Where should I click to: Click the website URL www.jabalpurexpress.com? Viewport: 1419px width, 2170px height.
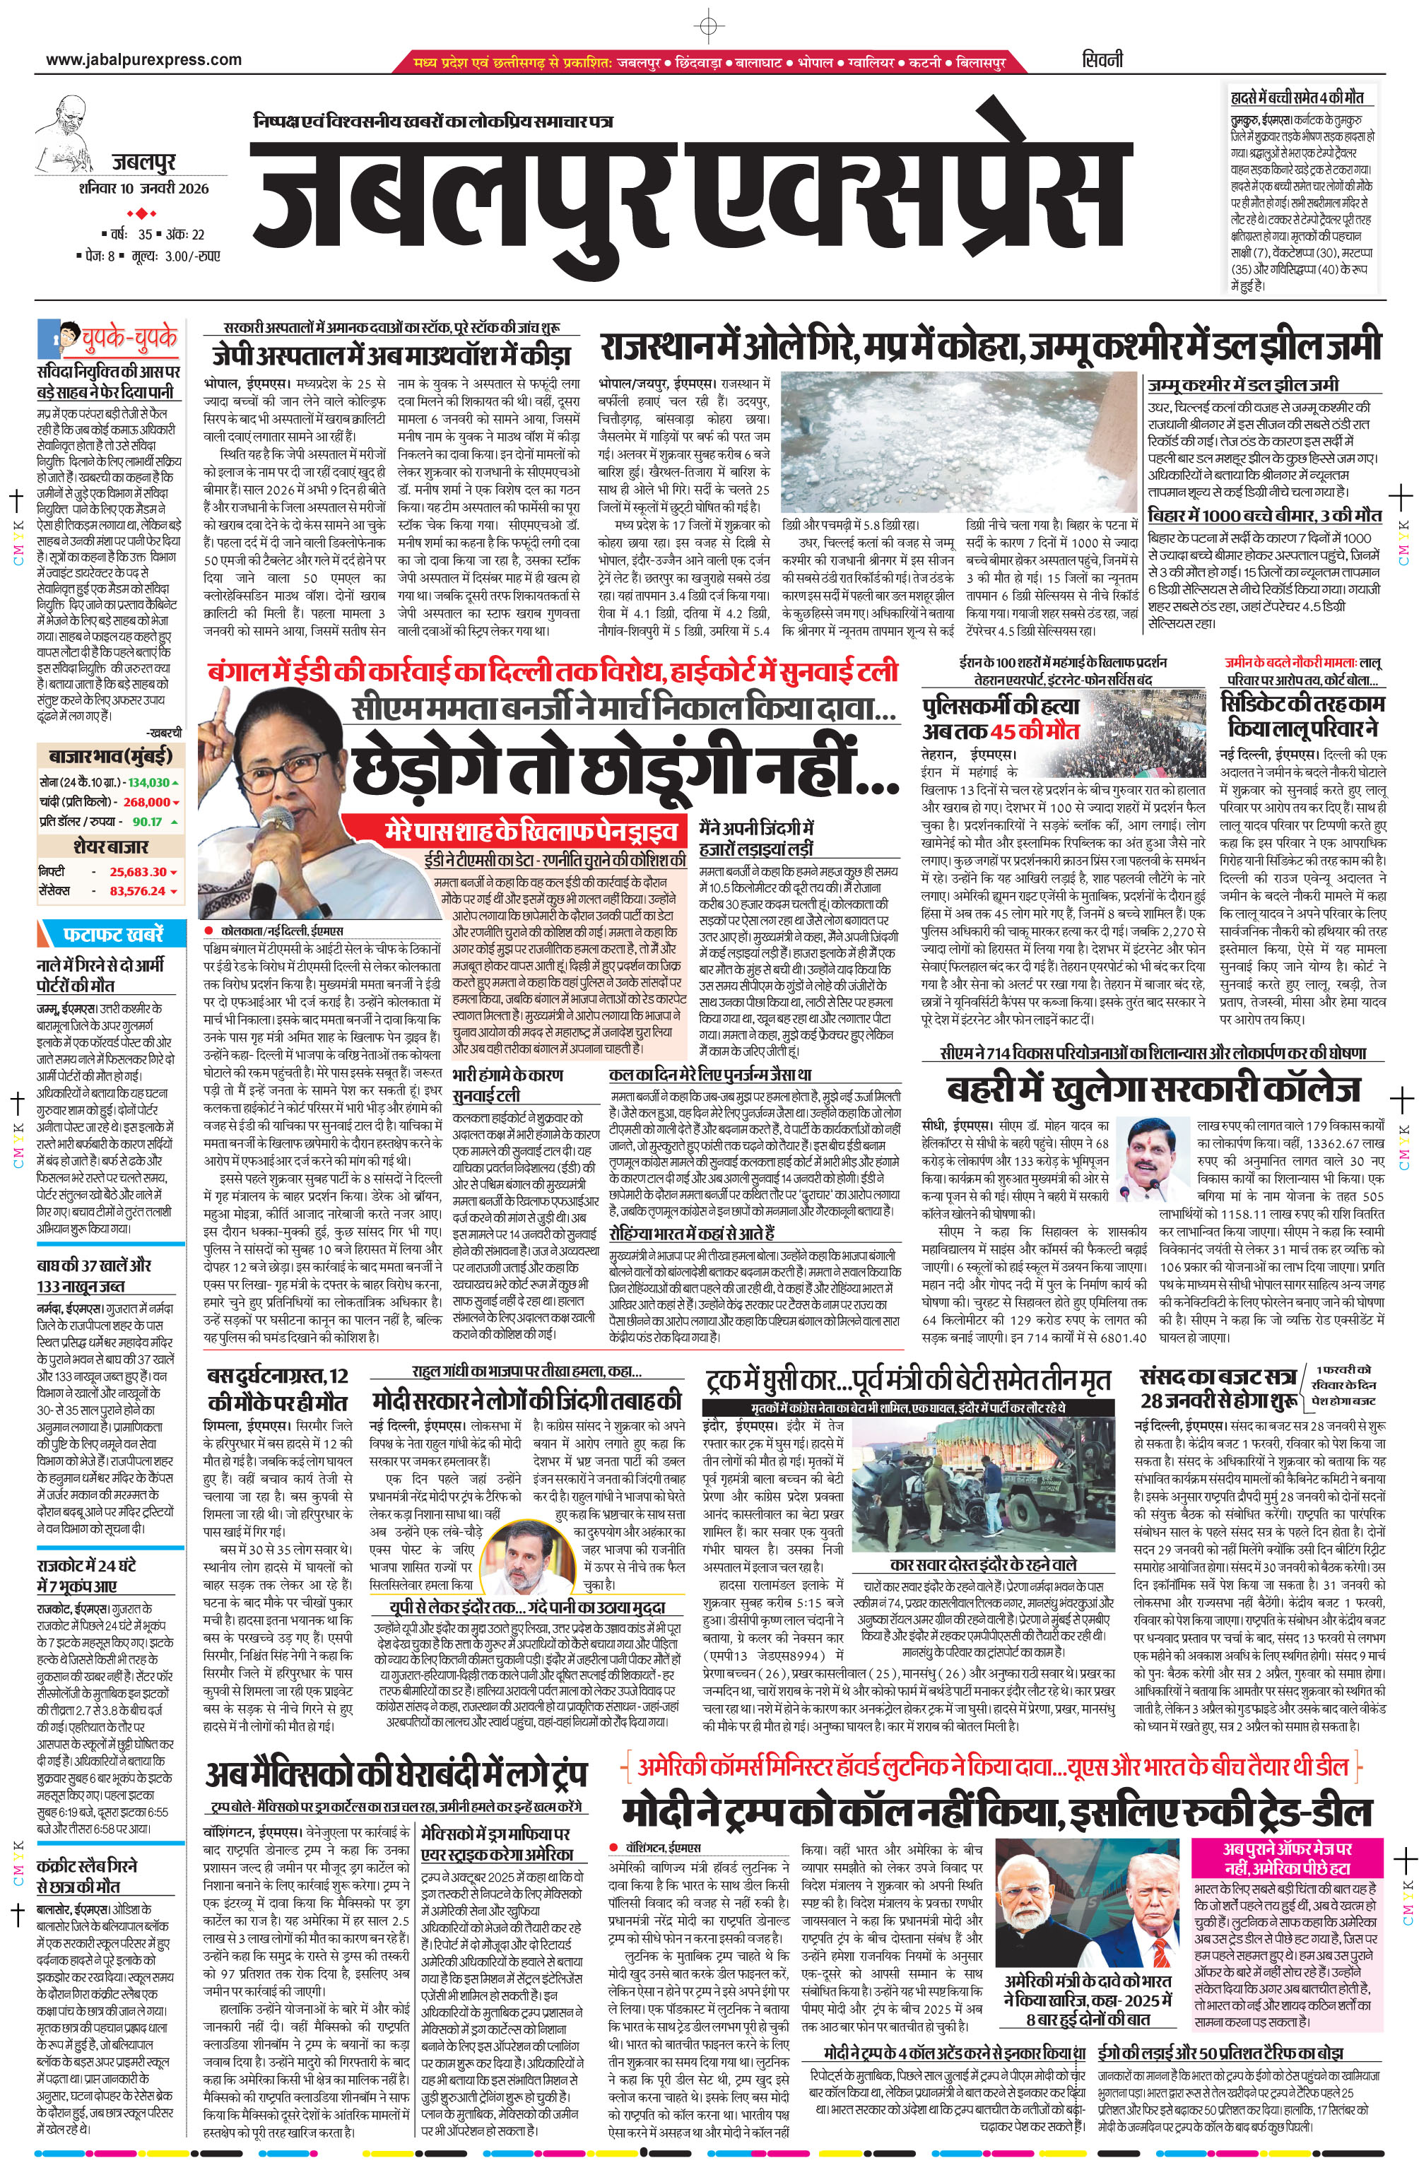[x=143, y=60]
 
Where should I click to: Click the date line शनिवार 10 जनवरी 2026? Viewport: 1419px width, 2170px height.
[x=143, y=189]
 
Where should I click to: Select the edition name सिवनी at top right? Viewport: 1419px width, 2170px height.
[x=1102, y=60]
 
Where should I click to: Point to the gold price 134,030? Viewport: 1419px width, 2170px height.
[x=148, y=782]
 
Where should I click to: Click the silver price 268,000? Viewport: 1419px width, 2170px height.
[x=147, y=801]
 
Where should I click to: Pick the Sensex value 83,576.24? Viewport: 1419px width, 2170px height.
[x=138, y=891]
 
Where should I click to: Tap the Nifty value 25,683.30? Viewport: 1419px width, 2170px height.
[x=138, y=872]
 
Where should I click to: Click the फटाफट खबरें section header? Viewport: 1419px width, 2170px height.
[x=113, y=935]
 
